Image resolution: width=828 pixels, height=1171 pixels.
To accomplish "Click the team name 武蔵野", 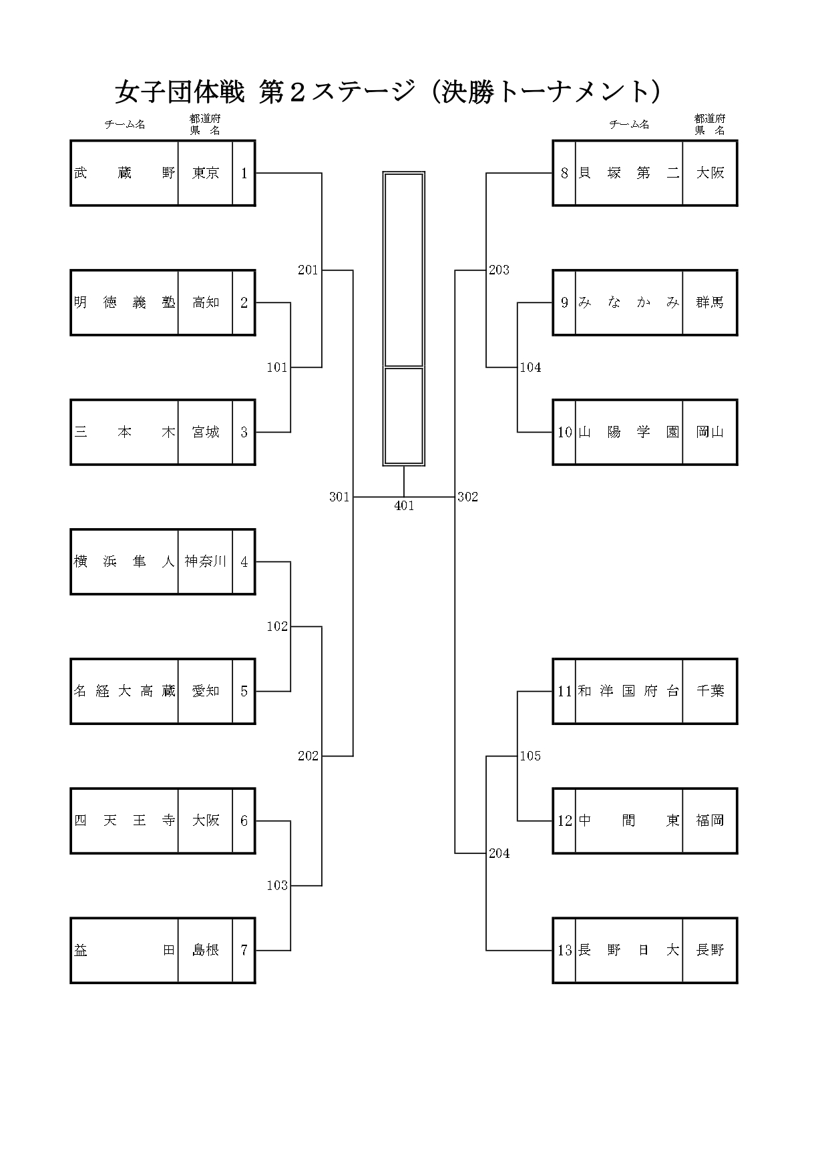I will point(124,173).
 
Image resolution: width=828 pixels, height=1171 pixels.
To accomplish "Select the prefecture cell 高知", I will point(206,302).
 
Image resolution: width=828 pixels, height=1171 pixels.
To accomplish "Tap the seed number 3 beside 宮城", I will point(244,432).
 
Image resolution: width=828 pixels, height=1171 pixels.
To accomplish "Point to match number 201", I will point(308,270).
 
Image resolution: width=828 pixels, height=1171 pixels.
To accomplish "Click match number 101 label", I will point(276,367).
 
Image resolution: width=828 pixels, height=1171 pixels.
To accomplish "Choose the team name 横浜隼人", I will point(124,561).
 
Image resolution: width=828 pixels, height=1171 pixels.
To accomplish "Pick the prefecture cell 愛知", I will point(206,691).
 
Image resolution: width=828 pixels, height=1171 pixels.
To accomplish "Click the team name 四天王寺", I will point(124,821).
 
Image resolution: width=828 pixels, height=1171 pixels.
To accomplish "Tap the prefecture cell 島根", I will point(206,950).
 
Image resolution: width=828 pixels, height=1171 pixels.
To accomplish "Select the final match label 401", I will point(404,506).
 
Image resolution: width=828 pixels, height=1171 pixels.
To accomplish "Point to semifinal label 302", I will point(467,497).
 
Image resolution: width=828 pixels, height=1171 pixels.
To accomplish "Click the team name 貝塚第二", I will point(628,173).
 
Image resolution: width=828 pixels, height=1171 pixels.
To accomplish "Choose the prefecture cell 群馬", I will point(710,302).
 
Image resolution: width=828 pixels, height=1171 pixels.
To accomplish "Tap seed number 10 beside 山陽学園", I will point(565,432).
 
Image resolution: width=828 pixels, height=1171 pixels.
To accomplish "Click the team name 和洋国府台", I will point(628,691).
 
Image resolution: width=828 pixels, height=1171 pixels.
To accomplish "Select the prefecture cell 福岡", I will point(710,821).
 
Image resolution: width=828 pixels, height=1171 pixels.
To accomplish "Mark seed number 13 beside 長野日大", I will point(565,950).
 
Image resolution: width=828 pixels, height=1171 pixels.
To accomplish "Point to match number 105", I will point(530,756).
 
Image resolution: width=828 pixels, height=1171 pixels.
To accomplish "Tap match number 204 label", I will point(499,853).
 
